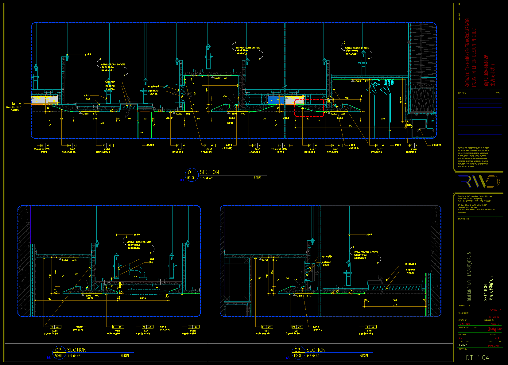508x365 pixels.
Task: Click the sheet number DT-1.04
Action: point(477,358)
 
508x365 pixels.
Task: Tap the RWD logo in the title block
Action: point(479,181)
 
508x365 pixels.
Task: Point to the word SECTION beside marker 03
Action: point(316,350)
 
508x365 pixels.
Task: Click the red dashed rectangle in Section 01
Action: point(309,108)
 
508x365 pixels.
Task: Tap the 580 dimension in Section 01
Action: point(102,123)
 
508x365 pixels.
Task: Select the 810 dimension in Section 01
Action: point(351,125)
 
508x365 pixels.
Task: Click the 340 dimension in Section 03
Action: point(395,305)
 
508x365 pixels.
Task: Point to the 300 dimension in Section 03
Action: point(395,300)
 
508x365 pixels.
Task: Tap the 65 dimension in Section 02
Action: point(112,286)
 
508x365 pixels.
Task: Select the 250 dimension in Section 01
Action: point(383,118)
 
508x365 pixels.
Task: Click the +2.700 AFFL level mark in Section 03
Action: point(267,260)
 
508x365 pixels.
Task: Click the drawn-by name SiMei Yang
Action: point(465,324)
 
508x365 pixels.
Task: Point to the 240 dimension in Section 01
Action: point(95,118)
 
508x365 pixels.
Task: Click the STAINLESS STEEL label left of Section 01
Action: point(14,107)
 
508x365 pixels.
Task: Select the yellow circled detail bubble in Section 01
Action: point(328,100)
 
